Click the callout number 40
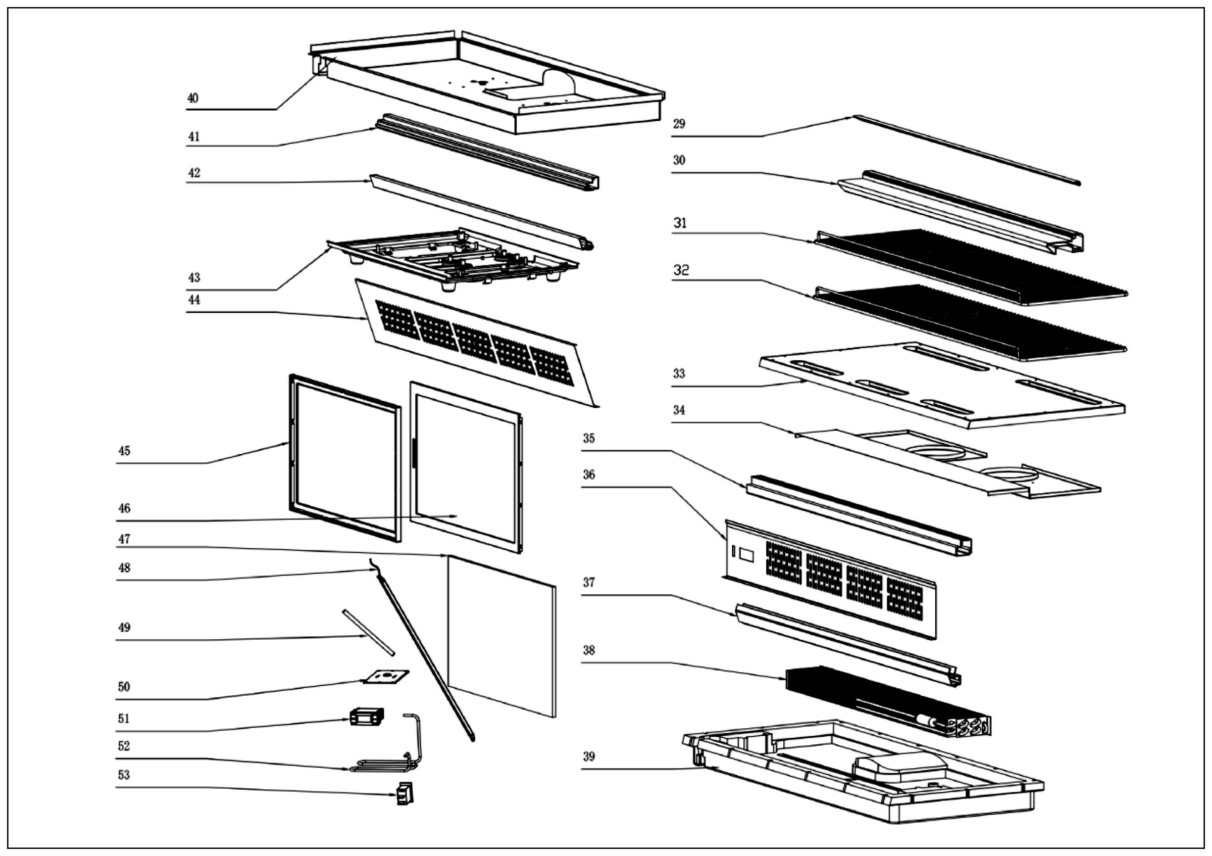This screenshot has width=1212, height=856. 193,98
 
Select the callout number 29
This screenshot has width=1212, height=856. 679,124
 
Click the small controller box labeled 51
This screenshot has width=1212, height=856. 367,717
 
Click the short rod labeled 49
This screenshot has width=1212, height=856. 368,633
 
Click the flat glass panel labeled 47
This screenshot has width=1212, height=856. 501,636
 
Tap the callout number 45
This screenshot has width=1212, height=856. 124,451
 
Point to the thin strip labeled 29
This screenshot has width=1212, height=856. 966,150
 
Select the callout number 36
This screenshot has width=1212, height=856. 589,474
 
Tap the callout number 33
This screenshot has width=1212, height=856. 679,374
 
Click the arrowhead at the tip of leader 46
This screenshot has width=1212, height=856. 456,516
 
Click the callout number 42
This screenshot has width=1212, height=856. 194,173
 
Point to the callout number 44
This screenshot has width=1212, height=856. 194,300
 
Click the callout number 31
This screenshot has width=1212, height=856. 680,223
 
